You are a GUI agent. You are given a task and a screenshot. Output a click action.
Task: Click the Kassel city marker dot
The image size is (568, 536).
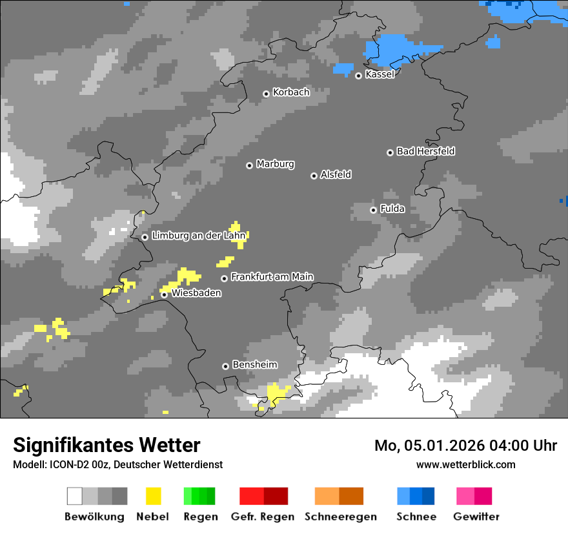[358, 76]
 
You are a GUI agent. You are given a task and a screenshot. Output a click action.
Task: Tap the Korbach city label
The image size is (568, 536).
[291, 92]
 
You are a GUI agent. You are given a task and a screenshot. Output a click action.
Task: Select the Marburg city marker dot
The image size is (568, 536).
[249, 165]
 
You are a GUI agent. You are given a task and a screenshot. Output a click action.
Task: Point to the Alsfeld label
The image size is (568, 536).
[336, 174]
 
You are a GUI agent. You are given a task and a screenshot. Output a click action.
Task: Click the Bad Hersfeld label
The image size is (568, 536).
[425, 151]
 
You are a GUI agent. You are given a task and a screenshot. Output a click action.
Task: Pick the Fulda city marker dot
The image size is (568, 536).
[373, 210]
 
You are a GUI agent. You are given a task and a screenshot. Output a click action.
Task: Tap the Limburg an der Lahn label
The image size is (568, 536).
[199, 236]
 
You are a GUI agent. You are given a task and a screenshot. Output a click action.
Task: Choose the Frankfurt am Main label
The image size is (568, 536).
[272, 277]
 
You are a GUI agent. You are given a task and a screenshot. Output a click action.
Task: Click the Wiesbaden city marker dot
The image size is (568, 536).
[165, 294]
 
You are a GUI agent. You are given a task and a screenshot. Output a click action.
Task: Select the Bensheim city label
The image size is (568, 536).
[254, 365]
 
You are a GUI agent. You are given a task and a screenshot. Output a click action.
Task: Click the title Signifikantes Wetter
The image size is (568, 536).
[107, 445]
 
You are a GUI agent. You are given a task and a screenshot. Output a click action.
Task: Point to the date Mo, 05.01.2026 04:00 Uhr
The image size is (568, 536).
[465, 446]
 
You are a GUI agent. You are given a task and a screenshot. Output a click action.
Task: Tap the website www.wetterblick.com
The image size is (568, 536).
[465, 464]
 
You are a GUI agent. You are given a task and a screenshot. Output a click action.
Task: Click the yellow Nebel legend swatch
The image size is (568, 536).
[153, 496]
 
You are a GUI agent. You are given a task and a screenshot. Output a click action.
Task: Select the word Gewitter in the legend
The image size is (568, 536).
[476, 517]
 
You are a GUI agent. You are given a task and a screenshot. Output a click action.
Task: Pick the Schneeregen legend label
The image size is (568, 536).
[340, 517]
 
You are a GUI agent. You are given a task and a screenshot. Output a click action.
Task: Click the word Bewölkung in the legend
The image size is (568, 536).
[94, 517]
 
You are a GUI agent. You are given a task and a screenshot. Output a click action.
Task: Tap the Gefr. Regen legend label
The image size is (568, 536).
[262, 517]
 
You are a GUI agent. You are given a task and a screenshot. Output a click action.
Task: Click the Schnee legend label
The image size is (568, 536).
[416, 517]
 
